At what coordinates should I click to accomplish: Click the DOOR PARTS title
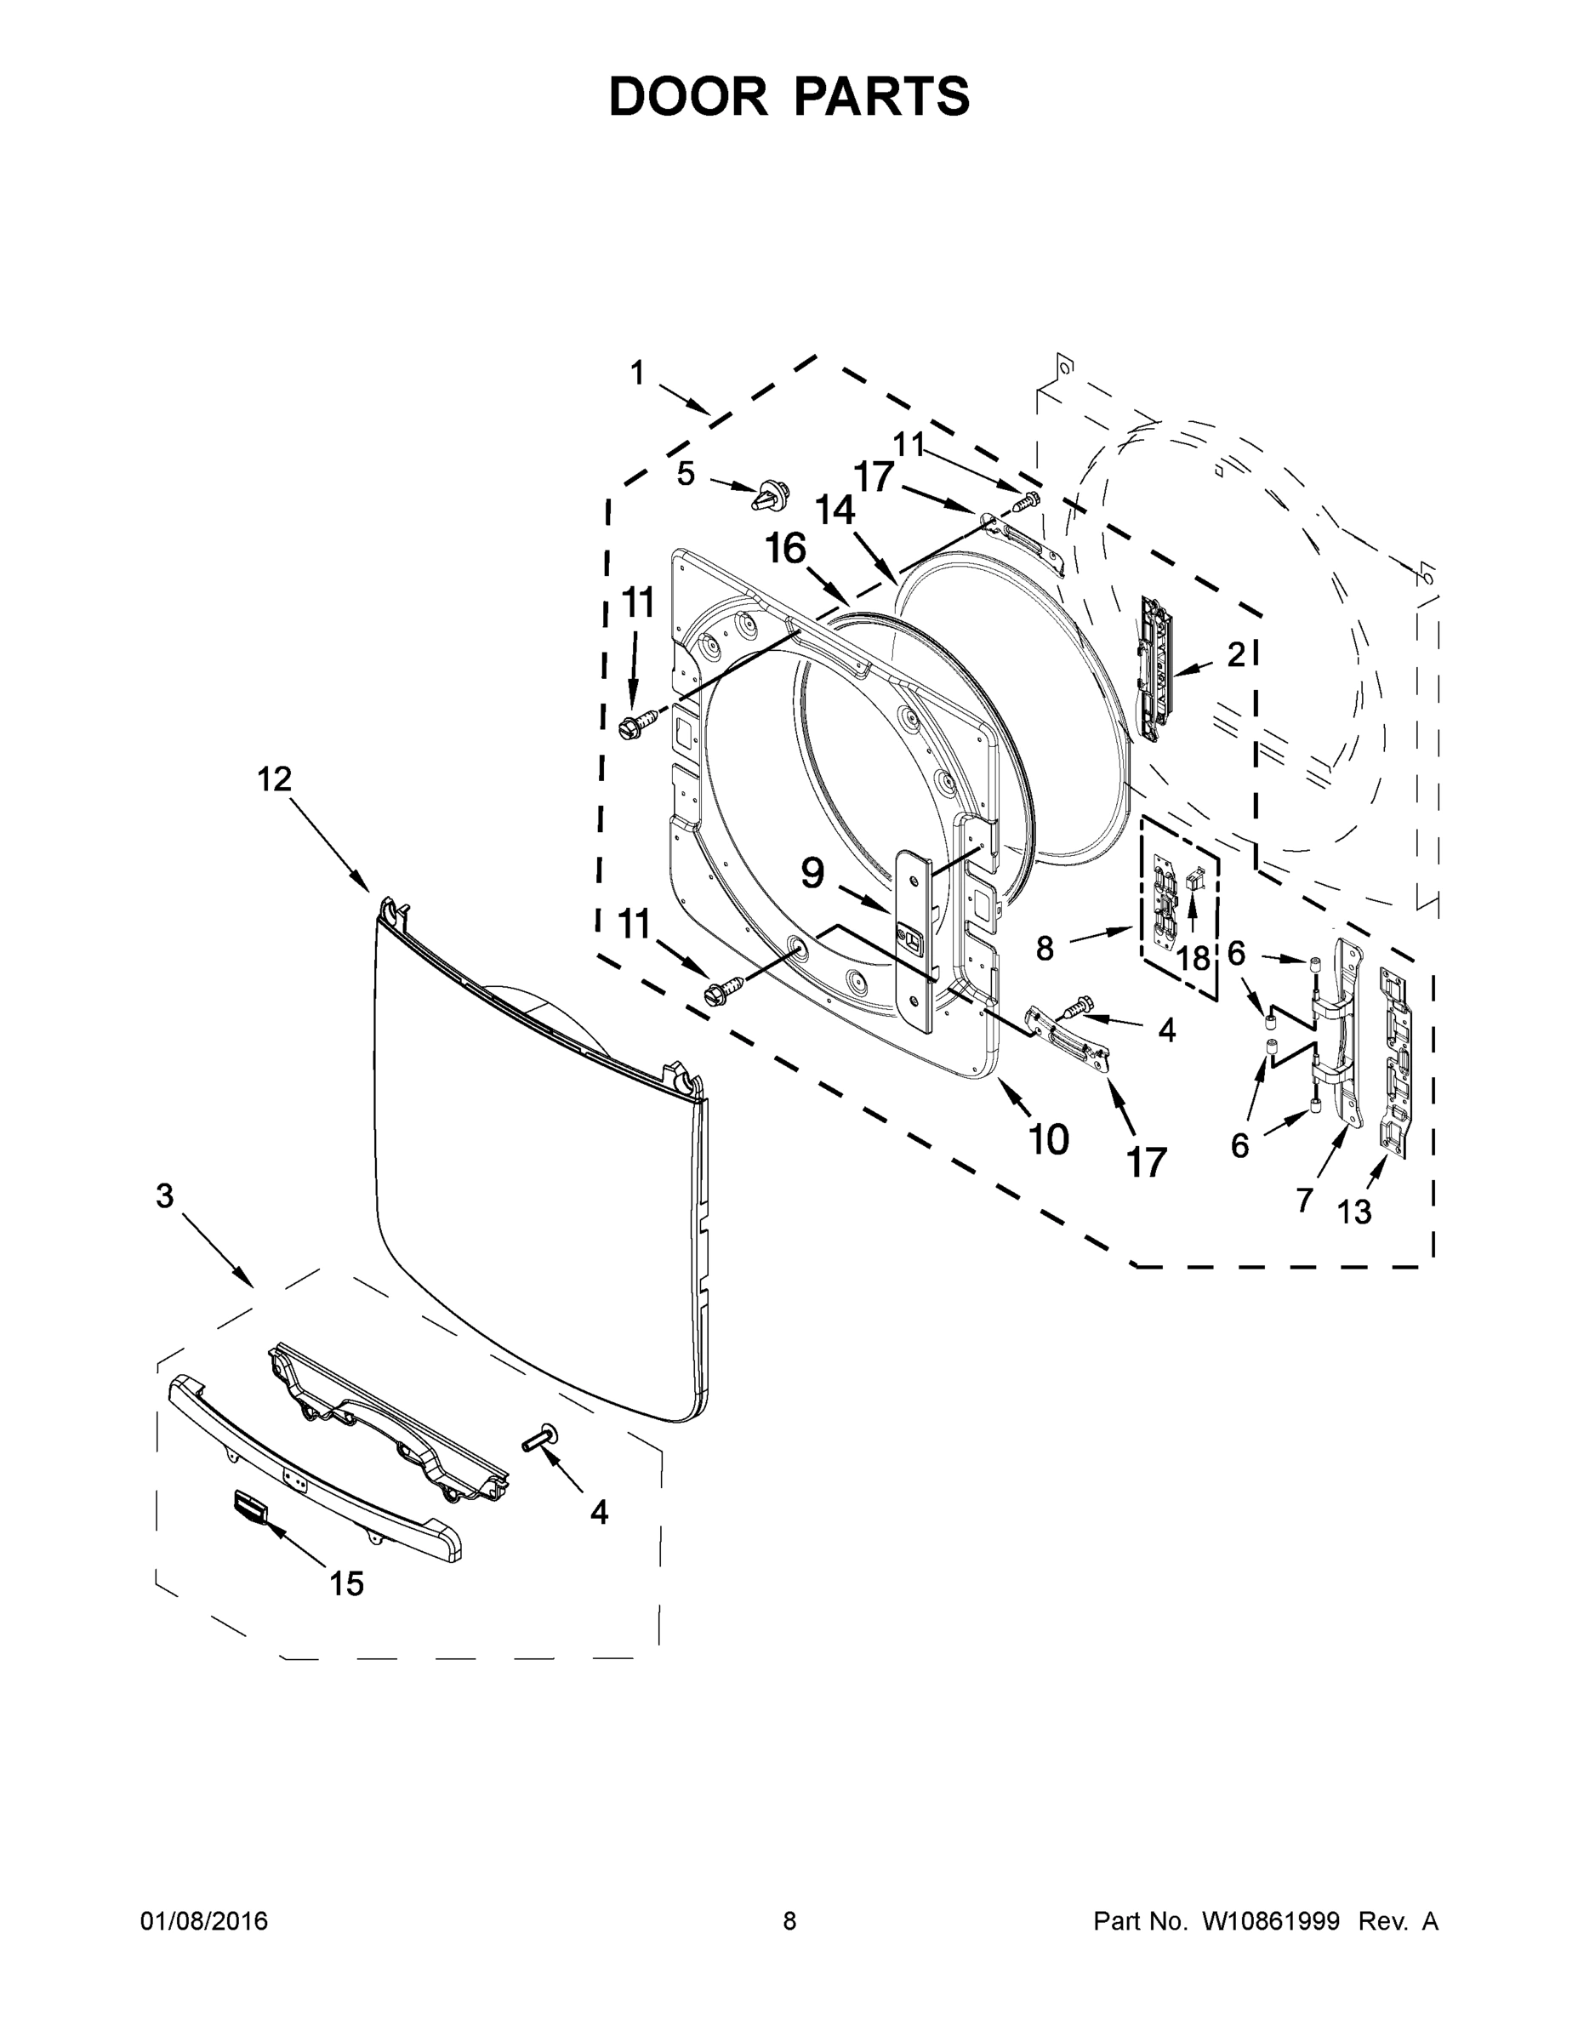click(789, 96)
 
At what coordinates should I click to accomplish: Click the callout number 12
click(275, 779)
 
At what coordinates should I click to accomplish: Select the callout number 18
click(1193, 958)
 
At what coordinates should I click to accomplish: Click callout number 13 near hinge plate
click(1353, 1212)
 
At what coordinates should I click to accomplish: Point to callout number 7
click(1305, 1200)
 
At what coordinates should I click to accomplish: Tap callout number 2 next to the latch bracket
click(1236, 655)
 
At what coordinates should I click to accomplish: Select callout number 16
click(785, 549)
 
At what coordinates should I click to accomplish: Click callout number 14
click(835, 510)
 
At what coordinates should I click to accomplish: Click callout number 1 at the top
click(637, 374)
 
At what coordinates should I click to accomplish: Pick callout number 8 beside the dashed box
click(1045, 949)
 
